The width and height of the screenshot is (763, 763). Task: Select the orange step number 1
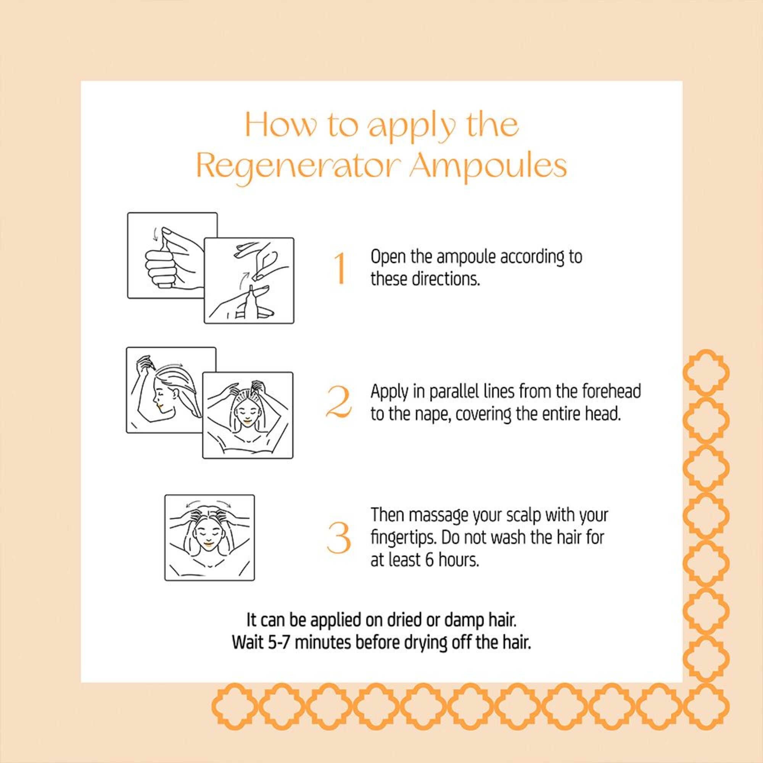339,269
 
